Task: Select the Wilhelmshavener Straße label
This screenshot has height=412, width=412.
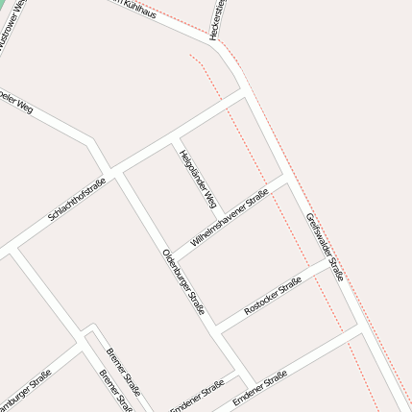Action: [x=230, y=218]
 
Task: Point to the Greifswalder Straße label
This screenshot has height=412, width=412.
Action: [x=325, y=245]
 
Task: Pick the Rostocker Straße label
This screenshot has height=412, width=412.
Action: [x=274, y=298]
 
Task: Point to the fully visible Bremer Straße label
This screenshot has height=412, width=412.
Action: [x=124, y=372]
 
